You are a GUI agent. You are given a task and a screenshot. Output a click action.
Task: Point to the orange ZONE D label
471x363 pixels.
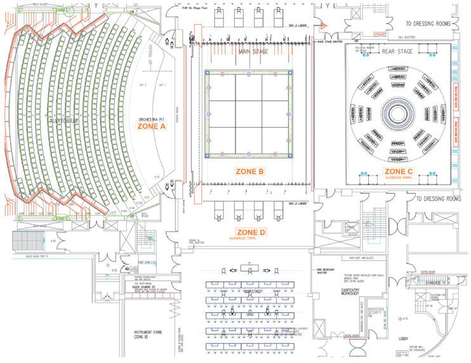[x=250, y=232]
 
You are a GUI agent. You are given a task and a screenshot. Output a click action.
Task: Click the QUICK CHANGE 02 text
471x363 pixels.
[x=145, y=286]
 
